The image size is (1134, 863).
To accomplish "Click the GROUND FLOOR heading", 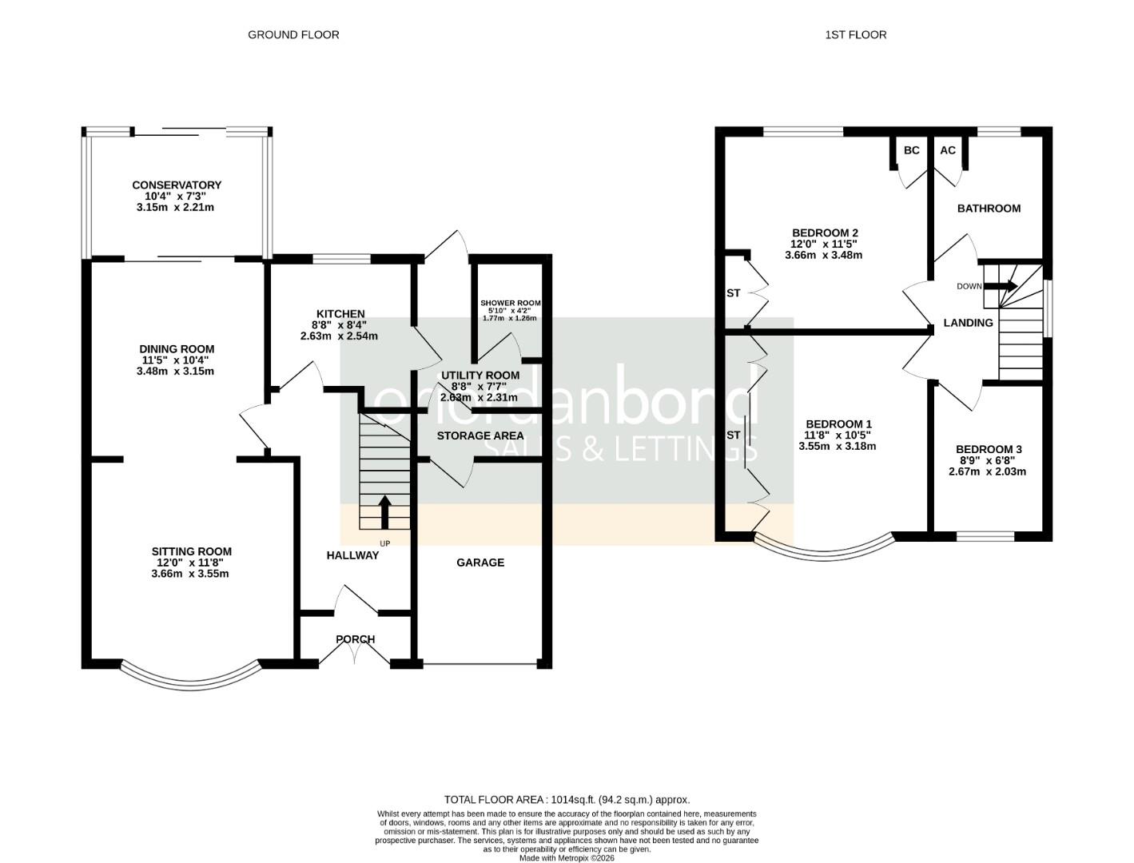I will click(x=293, y=34).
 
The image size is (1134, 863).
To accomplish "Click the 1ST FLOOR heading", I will click(x=856, y=34).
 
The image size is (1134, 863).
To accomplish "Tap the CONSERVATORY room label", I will click(x=177, y=185).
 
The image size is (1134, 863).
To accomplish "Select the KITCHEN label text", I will click(x=340, y=314).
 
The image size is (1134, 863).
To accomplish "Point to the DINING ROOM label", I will click(x=177, y=349).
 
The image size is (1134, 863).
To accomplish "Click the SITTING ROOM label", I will click(x=192, y=551).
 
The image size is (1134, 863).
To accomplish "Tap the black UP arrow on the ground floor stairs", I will click(x=384, y=512).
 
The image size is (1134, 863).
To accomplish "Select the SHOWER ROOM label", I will click(x=510, y=304).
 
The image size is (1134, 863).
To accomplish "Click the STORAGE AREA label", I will click(x=480, y=435).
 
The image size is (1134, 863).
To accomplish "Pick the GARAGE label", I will click(x=480, y=563).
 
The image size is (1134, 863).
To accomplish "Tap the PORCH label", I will click(x=356, y=639).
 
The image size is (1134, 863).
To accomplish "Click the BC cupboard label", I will click(x=912, y=150).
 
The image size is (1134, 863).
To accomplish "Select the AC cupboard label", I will click(x=948, y=150).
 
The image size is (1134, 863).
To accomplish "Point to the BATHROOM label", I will click(x=989, y=209).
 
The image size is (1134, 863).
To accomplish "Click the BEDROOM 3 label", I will click(x=989, y=450).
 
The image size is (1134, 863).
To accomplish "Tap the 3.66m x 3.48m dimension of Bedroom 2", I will click(x=824, y=255).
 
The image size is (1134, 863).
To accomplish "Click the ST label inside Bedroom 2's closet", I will click(x=734, y=293).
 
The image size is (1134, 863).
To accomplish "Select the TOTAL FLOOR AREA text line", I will click(x=567, y=799).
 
